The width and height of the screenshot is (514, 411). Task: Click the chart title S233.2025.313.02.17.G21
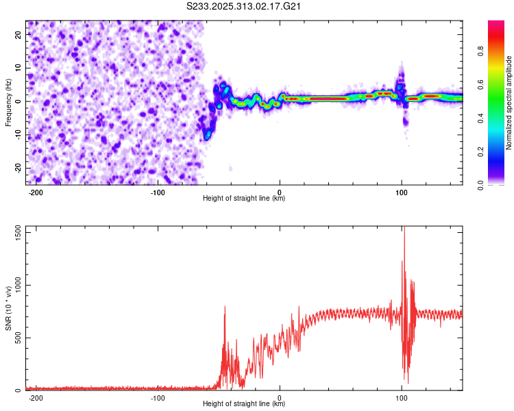tap(245, 7)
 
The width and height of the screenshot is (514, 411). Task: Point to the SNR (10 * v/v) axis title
tap(9, 308)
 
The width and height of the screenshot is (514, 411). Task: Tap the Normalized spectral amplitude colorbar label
tap(509, 103)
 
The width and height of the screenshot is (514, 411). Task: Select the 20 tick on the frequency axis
tap(19, 34)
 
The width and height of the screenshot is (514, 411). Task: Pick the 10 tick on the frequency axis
tap(19, 68)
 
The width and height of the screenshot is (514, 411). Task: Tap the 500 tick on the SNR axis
tap(16, 338)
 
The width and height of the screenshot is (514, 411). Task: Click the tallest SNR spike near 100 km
tap(404, 228)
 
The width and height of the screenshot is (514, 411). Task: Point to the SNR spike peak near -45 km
tap(225, 308)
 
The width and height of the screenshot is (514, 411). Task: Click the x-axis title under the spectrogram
tap(244, 199)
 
